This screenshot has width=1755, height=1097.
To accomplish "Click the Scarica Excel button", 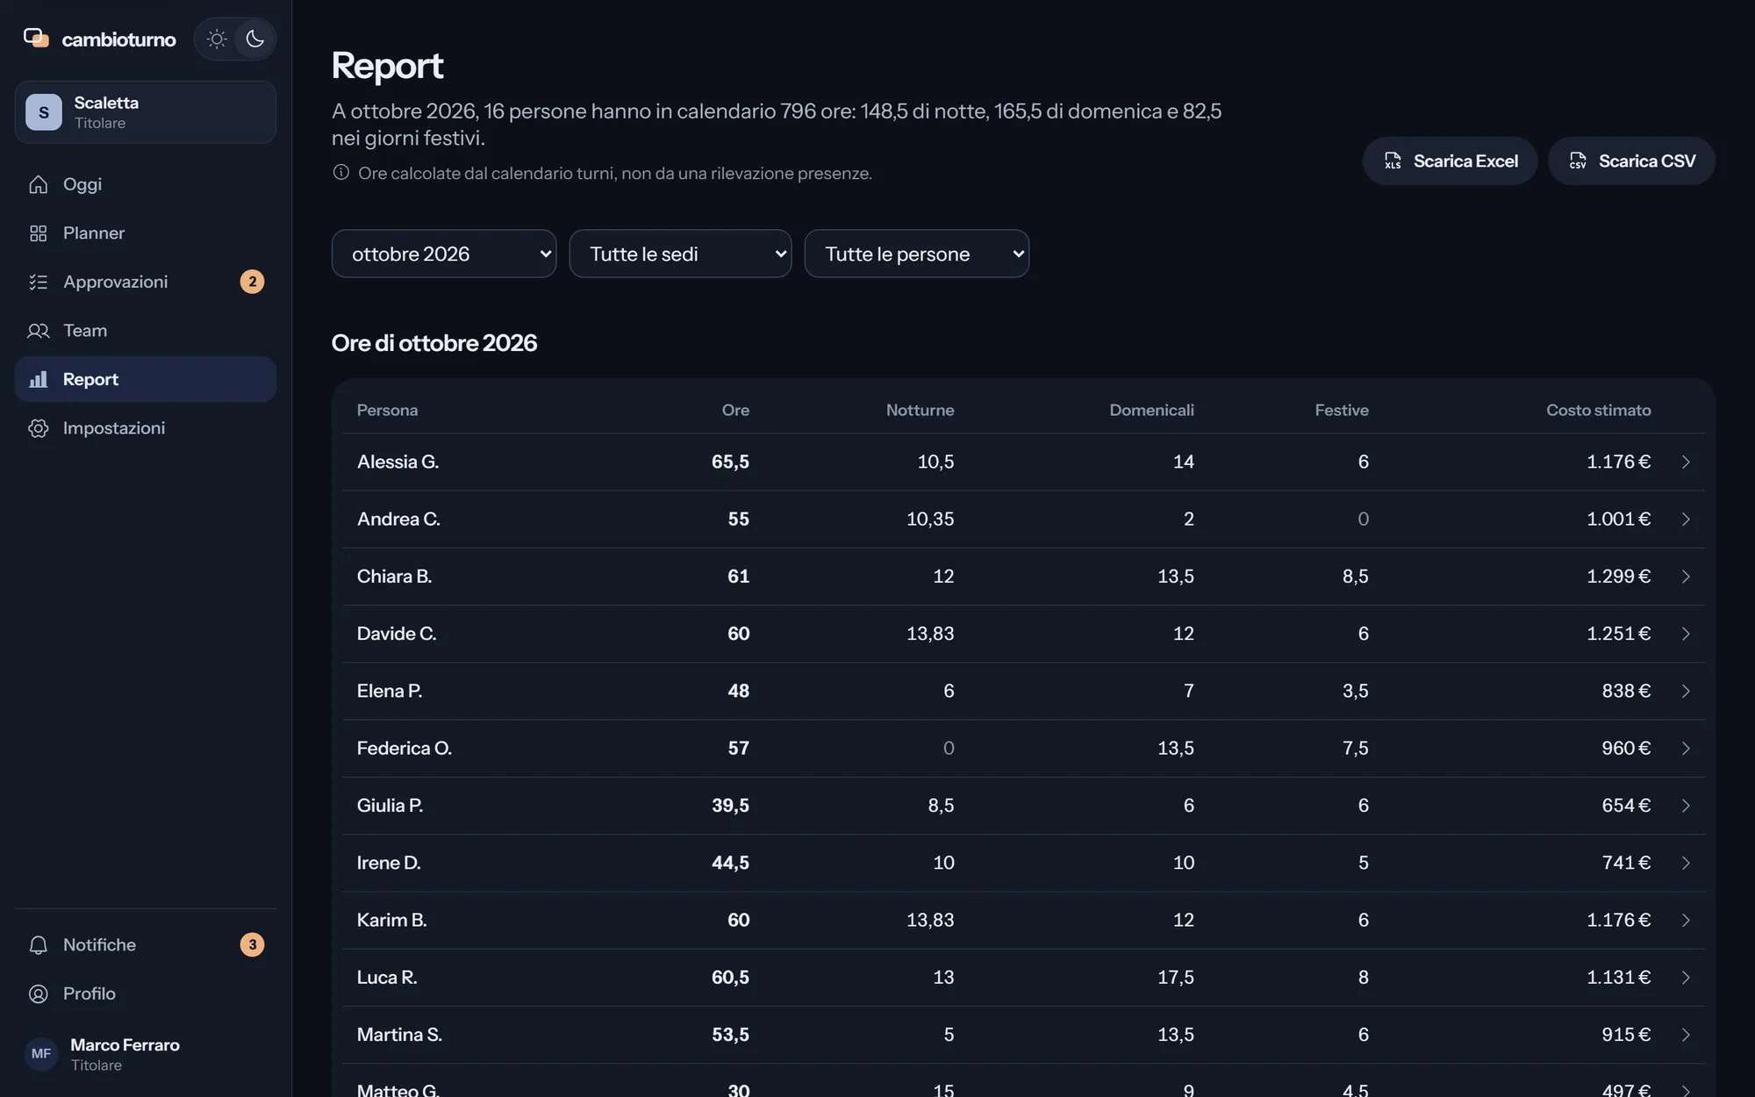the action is tap(1450, 161).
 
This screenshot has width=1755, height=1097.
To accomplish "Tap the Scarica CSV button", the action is tap(1631, 161).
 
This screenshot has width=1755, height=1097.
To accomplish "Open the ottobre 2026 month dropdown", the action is tap(444, 254).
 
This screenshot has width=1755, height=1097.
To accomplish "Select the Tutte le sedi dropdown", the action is tap(680, 254).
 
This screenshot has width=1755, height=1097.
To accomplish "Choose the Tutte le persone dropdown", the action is tap(917, 254).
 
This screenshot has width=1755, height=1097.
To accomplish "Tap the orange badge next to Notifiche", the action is tap(252, 944).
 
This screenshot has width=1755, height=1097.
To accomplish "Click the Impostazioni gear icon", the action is tap(39, 428).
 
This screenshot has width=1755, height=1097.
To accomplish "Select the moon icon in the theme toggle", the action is tap(255, 39).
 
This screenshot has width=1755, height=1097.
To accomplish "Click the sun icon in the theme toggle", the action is tap(217, 39).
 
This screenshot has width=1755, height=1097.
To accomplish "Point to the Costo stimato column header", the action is tap(1598, 410).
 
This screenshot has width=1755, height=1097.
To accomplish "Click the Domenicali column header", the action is tap(1151, 410).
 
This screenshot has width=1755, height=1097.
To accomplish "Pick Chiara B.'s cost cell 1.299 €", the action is tap(1618, 577).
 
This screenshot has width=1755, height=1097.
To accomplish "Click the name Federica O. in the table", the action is tap(405, 748).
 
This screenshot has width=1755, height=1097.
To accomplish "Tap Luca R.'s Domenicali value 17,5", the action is tap(1175, 978).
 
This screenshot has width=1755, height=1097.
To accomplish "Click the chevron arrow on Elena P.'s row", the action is tap(1686, 692).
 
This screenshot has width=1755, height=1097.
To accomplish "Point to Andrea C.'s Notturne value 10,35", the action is tap(930, 520).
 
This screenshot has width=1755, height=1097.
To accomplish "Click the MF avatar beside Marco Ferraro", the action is tap(41, 1054).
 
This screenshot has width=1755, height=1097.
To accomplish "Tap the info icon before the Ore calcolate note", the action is tap(341, 172).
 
